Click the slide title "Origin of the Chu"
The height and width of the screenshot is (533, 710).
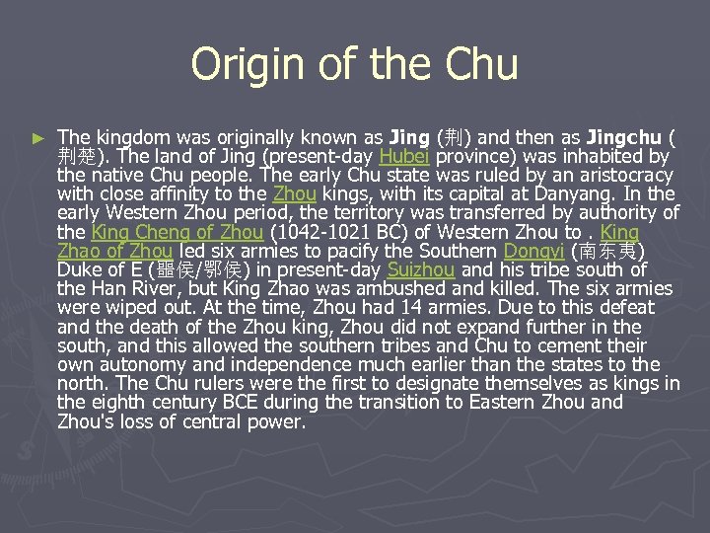354,65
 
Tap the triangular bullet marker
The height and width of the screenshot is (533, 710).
38,139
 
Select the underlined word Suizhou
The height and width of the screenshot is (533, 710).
421,269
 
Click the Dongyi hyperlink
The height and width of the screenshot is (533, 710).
531,251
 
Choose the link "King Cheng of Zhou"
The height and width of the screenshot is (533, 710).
177,232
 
